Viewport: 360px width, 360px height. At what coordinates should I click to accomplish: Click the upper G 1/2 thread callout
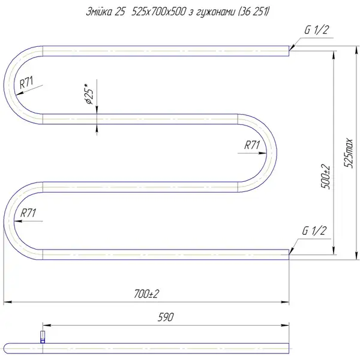coord(317,30)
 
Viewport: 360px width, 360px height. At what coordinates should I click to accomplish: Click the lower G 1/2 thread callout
coord(314,230)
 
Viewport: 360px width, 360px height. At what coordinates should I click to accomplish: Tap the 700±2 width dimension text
coord(146,293)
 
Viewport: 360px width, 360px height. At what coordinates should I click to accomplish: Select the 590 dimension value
coord(166,317)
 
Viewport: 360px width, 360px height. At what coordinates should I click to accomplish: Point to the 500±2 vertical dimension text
coord(326,177)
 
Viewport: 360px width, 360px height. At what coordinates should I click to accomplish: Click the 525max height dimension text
coord(348,153)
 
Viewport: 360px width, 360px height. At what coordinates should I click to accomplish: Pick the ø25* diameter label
coord(89,94)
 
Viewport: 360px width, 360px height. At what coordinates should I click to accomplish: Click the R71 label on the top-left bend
coord(26,82)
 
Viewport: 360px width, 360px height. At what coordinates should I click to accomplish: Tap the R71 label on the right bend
coord(252,145)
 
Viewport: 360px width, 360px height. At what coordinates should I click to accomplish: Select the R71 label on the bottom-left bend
coord(28,213)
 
